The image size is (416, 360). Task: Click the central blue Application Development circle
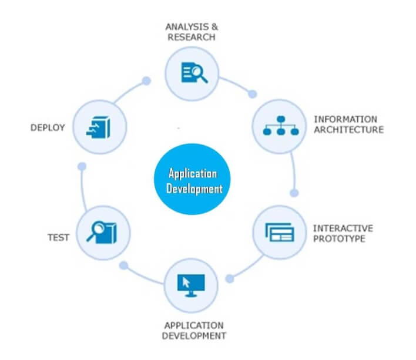coord(192,179)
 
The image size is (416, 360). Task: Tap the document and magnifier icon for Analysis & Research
coord(194,73)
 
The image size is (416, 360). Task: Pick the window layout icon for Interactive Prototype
coord(280,233)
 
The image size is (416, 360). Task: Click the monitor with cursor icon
coord(191,285)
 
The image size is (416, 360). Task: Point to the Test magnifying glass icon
coord(102,232)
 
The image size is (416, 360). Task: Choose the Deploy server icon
coord(99,127)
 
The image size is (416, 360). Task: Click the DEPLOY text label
coord(48,127)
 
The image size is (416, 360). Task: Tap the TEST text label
coord(58,237)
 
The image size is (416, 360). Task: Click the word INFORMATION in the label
coord(345,119)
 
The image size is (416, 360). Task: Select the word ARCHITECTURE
coord(348,130)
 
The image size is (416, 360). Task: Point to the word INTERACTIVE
coord(343,228)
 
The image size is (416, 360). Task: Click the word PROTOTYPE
coord(339,238)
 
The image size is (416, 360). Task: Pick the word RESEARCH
coord(192,37)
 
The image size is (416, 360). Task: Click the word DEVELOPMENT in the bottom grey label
coord(194,336)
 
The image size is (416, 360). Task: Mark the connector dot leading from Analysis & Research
coord(252,94)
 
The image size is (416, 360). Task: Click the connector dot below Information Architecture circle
coord(294,193)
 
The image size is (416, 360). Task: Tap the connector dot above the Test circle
coord(82,166)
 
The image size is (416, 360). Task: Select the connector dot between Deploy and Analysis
coord(146,81)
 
